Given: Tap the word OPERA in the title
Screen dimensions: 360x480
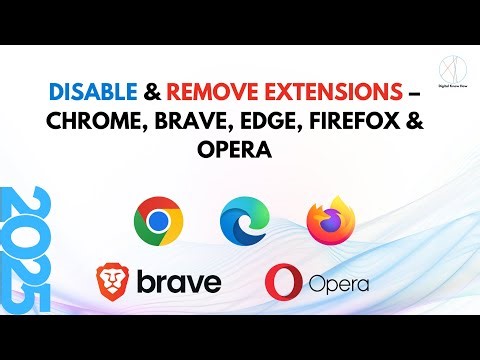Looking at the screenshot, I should coord(239,155).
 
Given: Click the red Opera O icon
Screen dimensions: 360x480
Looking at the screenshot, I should coord(282,282).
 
